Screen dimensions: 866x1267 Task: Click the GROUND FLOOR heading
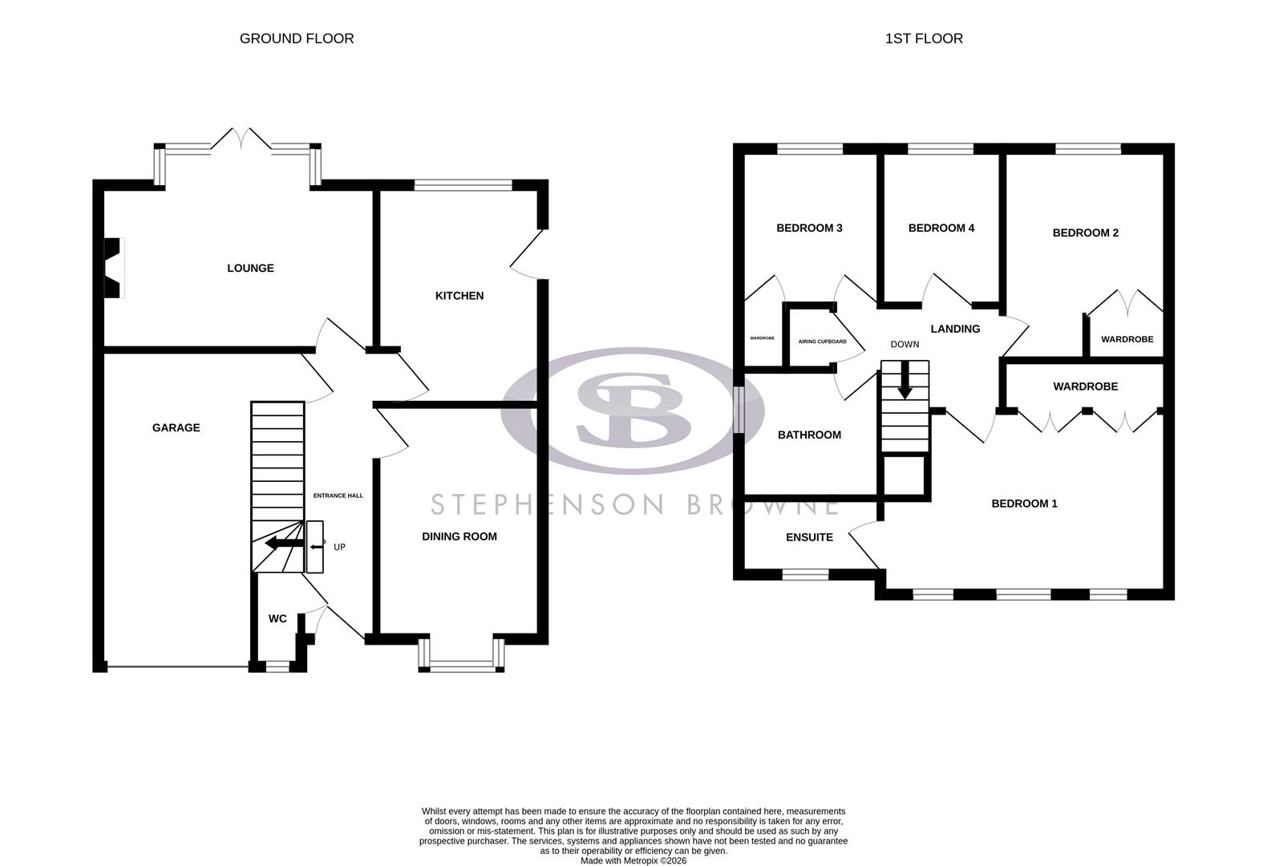coord(296,38)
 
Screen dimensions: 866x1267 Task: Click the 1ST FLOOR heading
coord(923,38)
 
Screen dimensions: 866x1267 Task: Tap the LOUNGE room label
coord(250,269)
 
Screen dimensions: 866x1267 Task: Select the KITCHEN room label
coord(459,296)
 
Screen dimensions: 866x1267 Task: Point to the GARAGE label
coord(176,428)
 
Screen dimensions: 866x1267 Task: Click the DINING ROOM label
coord(459,536)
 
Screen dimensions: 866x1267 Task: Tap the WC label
coord(277,619)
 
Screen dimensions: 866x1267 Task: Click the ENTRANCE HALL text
coord(338,496)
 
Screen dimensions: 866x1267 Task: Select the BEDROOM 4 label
coord(941,229)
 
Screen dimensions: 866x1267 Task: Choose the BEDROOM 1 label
coord(1024,504)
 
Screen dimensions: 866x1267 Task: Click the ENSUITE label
coord(809,537)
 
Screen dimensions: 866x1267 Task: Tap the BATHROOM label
coord(809,435)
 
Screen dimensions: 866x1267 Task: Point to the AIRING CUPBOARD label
coord(822,342)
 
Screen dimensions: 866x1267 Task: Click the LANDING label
coord(954,329)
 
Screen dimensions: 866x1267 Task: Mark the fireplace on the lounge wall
coord(112,269)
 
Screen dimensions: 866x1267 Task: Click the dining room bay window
coord(461,663)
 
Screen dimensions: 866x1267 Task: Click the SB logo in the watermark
coord(633,409)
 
